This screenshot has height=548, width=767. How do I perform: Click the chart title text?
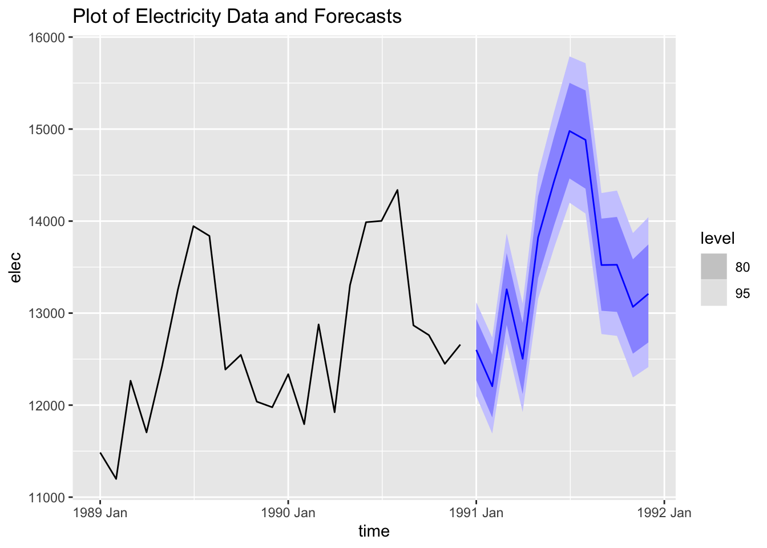coord(237,16)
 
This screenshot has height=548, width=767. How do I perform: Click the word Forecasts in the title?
coord(358,16)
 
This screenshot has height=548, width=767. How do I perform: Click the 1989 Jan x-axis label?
coord(100,513)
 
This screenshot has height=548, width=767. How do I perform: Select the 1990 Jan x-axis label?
coord(288,513)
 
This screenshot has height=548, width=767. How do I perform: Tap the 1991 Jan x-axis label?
coord(476,513)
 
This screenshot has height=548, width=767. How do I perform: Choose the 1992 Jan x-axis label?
coord(664,513)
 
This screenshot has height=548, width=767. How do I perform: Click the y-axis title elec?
coord(16,267)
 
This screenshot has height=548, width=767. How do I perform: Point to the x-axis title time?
coord(374,531)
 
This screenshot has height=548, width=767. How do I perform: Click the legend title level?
coord(717,238)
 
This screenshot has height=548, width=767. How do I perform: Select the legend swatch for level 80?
coord(714,267)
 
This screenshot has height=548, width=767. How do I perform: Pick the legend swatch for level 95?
coord(714,293)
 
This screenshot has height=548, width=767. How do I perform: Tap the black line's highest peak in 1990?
coord(397,190)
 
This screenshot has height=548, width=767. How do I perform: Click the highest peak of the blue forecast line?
coord(570,131)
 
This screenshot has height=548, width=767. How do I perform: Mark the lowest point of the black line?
coord(116,479)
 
